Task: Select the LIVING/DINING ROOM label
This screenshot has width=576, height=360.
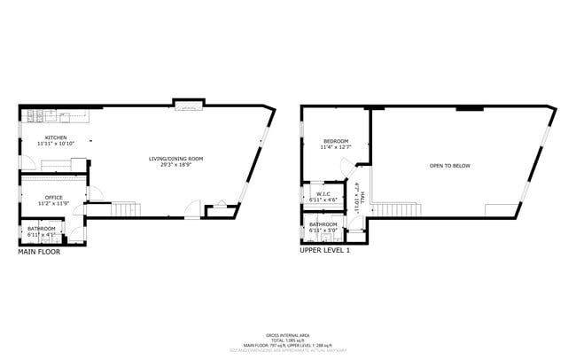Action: click(x=175, y=159)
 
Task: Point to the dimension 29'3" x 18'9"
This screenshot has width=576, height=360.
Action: click(x=175, y=165)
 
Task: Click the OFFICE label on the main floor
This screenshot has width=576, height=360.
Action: click(x=53, y=197)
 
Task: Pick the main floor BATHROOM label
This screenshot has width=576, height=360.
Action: click(x=41, y=229)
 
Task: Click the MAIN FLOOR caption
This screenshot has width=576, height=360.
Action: click(x=40, y=252)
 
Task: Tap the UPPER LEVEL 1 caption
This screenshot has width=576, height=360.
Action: click(x=325, y=252)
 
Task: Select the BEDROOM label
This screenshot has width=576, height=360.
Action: click(x=336, y=141)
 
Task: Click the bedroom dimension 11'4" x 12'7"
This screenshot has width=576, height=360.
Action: click(x=336, y=147)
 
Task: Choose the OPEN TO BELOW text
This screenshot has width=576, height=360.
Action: click(x=449, y=166)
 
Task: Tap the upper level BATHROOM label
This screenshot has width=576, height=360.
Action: click(x=325, y=224)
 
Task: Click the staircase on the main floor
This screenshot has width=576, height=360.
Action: click(x=125, y=210)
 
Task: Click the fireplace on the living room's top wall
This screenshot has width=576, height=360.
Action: click(x=188, y=107)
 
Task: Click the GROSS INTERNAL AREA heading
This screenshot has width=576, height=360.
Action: click(x=287, y=335)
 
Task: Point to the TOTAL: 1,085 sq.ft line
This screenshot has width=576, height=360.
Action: click(x=287, y=340)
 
